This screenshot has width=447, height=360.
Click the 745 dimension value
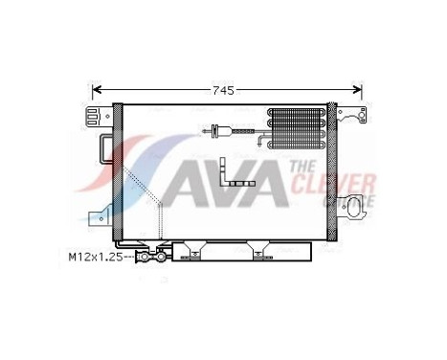[223, 90]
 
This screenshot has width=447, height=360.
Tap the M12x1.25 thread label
[95, 256]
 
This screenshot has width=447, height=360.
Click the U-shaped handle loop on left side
[104, 150]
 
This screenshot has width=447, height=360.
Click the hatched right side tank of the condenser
[333, 172]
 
